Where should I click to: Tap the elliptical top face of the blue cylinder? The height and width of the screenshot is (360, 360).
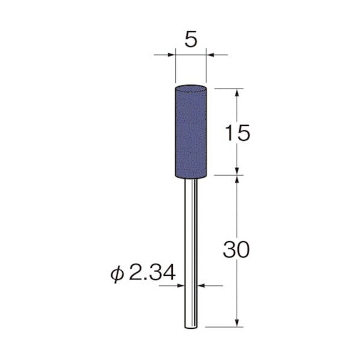190,88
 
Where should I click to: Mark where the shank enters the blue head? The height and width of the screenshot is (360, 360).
190,179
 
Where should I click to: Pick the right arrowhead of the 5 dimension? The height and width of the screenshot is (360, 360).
211,55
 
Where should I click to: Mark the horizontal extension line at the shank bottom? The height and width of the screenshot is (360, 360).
223,327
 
